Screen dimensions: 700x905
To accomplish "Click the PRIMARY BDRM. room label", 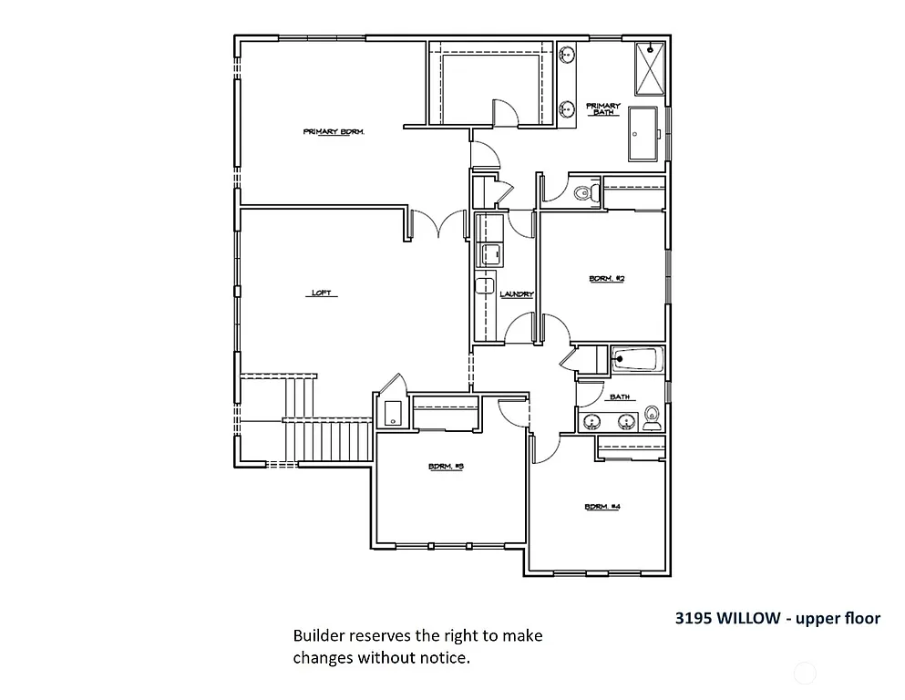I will point(334,132).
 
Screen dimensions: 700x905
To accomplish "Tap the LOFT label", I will point(321,293).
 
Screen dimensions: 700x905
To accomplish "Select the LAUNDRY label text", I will point(516,294).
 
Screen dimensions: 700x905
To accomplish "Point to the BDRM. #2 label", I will point(606,279).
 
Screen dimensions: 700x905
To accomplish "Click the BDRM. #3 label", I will point(447,467).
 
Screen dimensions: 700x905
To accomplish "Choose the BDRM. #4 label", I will point(602,507).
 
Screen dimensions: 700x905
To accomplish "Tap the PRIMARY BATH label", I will point(602,109).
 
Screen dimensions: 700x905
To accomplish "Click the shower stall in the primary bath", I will point(651,67).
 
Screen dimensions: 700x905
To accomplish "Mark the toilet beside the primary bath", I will point(585,193).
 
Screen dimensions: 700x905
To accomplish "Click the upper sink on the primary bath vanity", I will point(567,54).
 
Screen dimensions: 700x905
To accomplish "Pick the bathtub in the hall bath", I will point(637,360).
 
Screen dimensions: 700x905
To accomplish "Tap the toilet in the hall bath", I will point(652,418).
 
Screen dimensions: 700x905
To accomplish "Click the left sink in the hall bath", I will point(593,421).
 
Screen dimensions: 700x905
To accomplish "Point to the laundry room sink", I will point(489,253).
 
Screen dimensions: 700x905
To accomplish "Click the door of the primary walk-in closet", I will point(504,113).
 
